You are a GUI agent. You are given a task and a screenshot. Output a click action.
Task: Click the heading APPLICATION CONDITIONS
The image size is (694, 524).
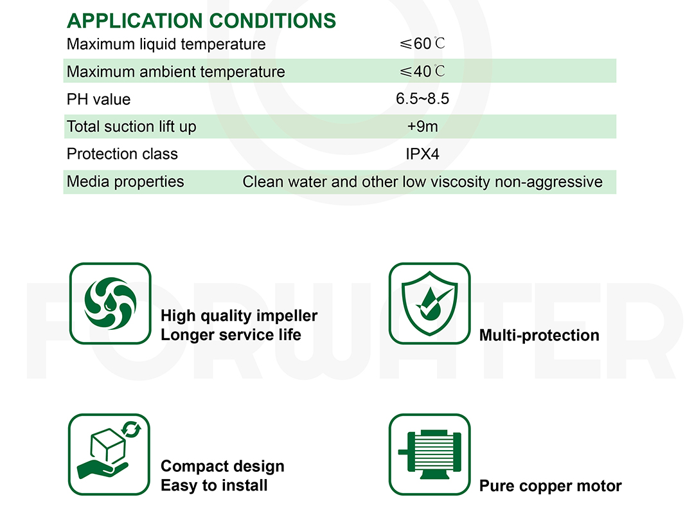tap(201, 21)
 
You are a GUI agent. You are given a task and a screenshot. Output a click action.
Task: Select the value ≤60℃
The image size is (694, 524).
tap(422, 44)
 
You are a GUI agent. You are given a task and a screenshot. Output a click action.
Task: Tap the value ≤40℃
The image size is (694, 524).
tap(422, 71)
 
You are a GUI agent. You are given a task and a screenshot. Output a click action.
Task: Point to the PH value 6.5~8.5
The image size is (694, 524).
tap(422, 98)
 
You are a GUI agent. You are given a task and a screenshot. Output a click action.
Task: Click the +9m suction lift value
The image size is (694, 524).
tap(422, 126)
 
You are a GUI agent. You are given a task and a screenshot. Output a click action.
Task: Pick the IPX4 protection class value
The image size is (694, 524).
tap(422, 154)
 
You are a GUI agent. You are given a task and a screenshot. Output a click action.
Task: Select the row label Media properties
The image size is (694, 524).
tap(125, 181)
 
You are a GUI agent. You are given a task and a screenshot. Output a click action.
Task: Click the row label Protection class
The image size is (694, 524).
tap(122, 154)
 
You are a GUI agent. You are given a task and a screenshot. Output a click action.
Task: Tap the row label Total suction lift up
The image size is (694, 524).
tap(132, 127)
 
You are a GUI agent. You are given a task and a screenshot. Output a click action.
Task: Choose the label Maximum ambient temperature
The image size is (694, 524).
tap(175, 72)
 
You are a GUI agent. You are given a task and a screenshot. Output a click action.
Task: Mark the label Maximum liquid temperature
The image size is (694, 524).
tap(166, 44)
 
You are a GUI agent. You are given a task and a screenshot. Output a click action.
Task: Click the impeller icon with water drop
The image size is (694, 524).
tap(111, 303)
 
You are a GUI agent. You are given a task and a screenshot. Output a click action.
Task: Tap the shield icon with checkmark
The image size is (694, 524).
tap(429, 303)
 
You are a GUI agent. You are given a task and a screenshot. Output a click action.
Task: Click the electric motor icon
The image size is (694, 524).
tap(429, 455)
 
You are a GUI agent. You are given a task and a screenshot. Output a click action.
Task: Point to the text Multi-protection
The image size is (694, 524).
tap(539, 336)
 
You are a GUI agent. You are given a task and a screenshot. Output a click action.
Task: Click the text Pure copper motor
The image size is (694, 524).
tap(551, 486)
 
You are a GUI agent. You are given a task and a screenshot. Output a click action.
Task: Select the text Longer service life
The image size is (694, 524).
tap(231, 334)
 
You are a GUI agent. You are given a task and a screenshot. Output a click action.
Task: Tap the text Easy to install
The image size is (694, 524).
tap(214, 485)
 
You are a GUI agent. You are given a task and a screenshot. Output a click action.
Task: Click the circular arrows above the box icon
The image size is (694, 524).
tap(132, 429)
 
